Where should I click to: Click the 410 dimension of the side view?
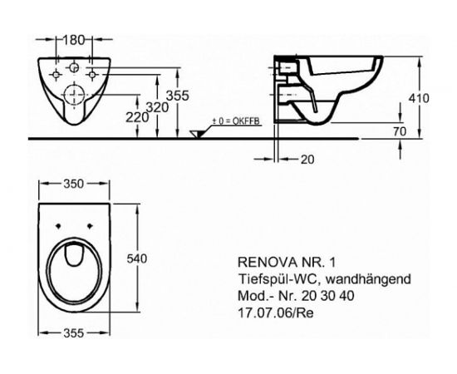(x=420, y=97)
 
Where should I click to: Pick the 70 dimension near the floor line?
(x=400, y=130)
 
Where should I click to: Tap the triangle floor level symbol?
(x=196, y=135)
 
